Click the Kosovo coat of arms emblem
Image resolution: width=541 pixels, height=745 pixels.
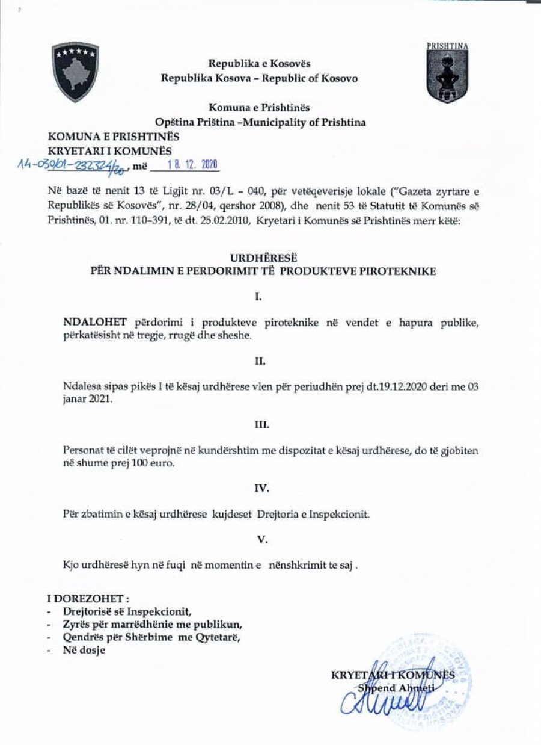coord(75,72)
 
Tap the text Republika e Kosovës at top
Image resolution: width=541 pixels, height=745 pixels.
coord(259,63)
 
